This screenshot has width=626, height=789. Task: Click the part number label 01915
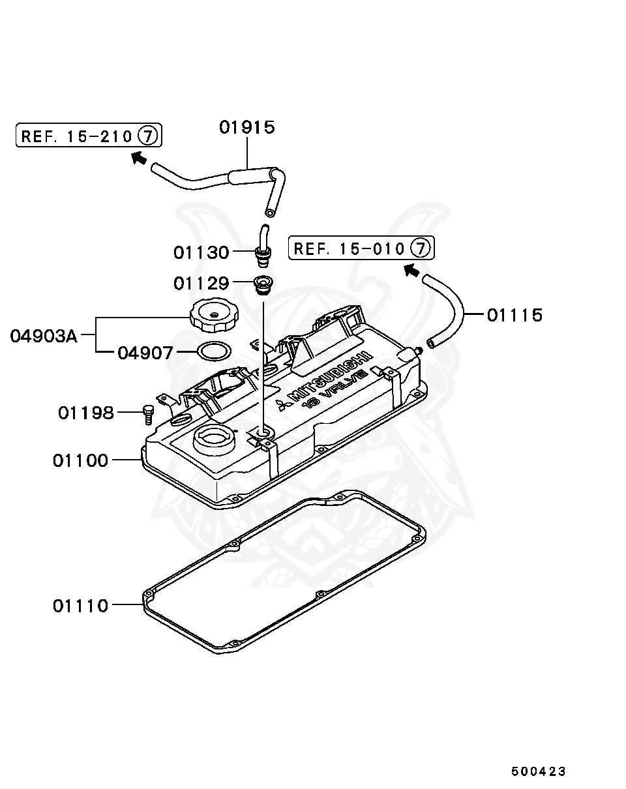coord(246,127)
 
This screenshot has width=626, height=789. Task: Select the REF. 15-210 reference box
coord(89,136)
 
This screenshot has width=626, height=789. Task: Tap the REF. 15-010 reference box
coord(362,248)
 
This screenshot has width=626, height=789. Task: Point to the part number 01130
coord(201,252)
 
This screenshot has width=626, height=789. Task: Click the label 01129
coord(201,283)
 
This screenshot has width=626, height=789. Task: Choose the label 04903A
coord(44,336)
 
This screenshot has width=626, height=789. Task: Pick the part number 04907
coord(145,353)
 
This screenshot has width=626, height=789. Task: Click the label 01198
coord(85,413)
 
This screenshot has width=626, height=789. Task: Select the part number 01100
coord(80,460)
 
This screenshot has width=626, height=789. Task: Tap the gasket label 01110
coord(80,606)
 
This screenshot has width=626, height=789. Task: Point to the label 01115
coord(514,315)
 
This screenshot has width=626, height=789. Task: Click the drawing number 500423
coord(538,771)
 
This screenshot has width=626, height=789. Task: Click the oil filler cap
coord(212,315)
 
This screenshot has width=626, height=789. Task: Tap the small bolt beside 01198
coord(147,413)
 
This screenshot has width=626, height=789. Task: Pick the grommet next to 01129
coord(263,284)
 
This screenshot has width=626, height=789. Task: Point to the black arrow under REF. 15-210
coord(138,157)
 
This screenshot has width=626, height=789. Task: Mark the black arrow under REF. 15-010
coord(411,269)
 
